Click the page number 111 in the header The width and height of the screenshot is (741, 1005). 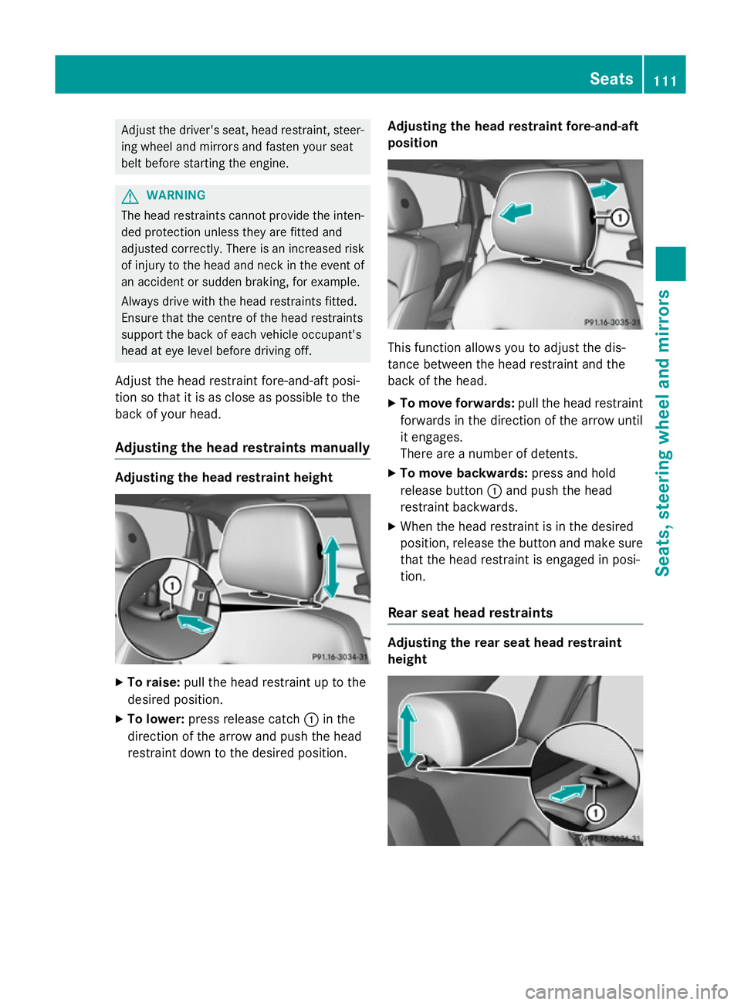coord(665,81)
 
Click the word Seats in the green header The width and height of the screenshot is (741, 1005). coord(611,79)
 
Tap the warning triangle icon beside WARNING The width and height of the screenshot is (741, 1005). coord(130,196)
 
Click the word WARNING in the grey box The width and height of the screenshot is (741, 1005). coord(176,195)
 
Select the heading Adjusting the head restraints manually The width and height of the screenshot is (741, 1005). coord(242,448)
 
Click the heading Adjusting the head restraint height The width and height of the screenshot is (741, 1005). coord(224,478)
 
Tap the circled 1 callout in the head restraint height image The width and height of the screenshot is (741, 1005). coord(172,586)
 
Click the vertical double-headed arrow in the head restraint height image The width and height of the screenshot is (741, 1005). coord(331,567)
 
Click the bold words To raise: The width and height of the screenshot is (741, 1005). coord(154,682)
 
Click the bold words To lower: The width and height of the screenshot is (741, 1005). coord(155,719)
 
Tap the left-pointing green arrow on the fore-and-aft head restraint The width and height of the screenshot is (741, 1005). coord(516,211)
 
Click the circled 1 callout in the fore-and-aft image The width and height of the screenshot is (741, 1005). coord(619,218)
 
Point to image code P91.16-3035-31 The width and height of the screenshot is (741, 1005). coord(611,322)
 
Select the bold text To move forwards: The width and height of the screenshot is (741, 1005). coord(457,404)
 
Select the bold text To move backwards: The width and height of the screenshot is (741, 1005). coord(463,473)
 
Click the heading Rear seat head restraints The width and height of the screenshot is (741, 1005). coord(470,613)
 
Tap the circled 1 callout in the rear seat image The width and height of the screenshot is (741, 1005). coord(595,813)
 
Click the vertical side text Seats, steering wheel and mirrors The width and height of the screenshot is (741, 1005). coord(662,432)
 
